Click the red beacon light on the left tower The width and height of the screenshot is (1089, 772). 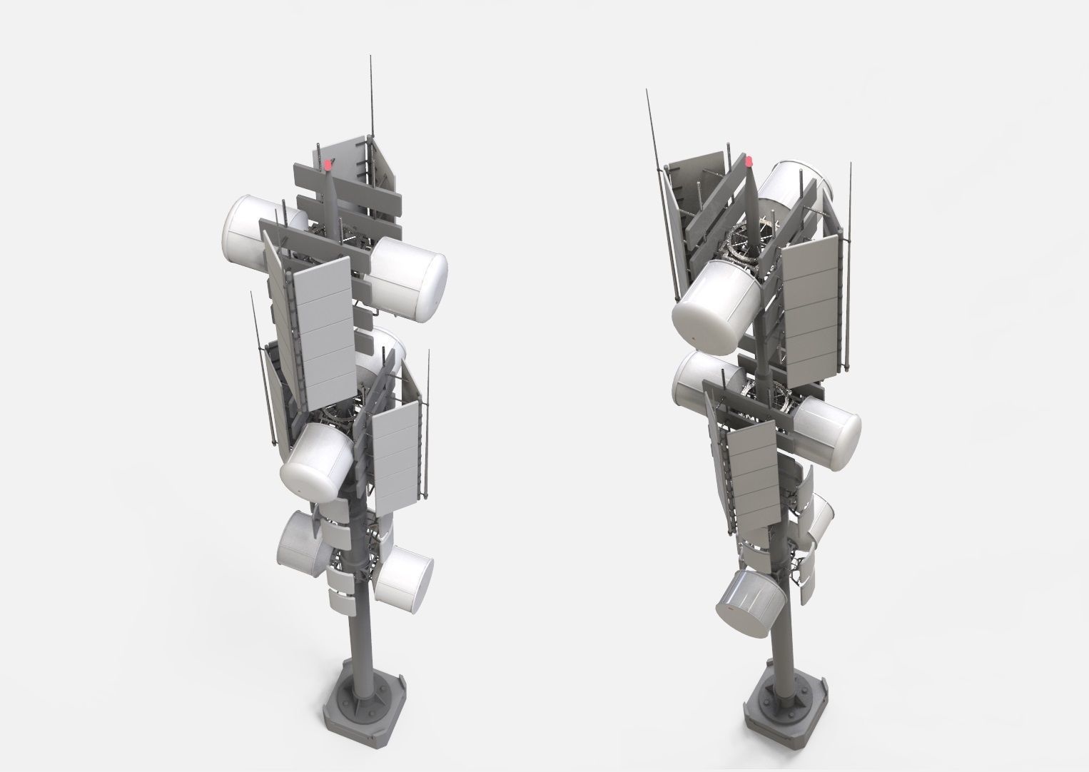(x=328, y=165)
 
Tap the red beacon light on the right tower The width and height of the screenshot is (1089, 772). (x=749, y=162)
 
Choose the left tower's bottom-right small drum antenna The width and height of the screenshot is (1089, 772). (x=404, y=575)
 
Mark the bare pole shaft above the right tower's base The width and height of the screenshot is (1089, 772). (x=783, y=635)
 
